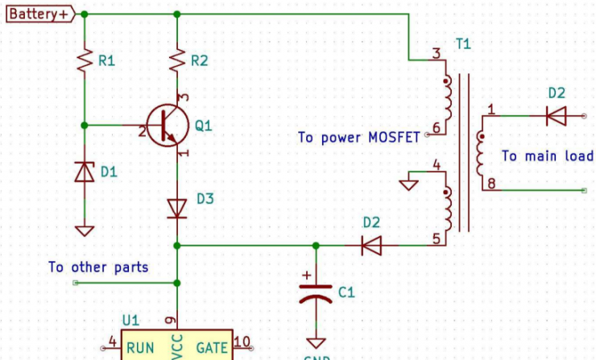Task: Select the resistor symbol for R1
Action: [84, 61]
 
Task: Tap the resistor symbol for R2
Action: [176, 60]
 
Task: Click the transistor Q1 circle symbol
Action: [168, 126]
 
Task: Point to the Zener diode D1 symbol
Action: [84, 172]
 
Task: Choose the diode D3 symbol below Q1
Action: [176, 208]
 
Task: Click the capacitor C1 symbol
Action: [315, 292]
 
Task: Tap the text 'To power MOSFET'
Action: [359, 138]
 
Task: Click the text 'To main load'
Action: [547, 156]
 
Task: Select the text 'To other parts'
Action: [98, 267]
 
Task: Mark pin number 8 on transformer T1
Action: [492, 184]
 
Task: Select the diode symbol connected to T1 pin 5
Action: [371, 245]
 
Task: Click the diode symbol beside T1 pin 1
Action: [556, 116]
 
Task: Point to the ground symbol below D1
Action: [84, 230]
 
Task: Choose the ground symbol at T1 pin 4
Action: [409, 184]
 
